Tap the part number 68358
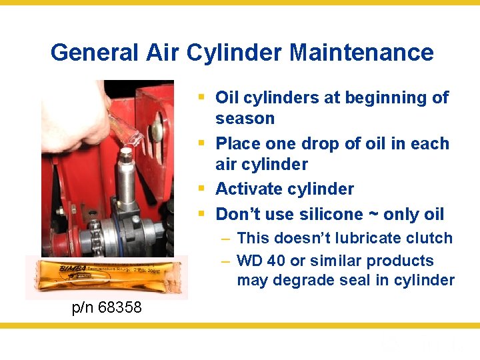pos(119,307)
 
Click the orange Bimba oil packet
pos(106,276)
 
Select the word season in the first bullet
pos(245,119)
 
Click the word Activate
pos(247,189)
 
